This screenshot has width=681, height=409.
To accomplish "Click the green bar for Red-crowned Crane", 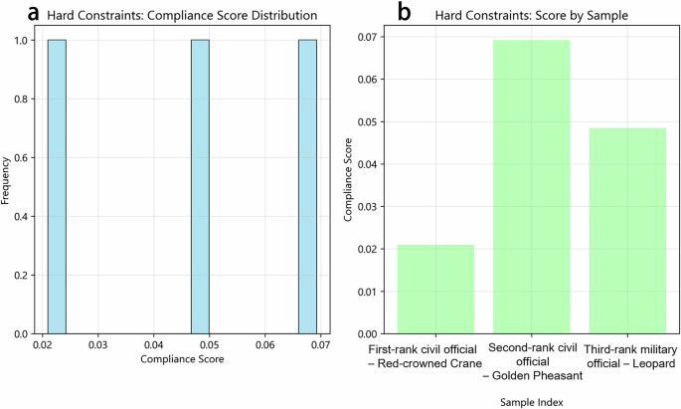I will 436,289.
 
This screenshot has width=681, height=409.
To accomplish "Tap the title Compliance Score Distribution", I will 185,16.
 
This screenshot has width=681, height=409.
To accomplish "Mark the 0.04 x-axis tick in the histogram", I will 152,344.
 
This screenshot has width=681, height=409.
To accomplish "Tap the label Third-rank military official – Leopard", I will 627,355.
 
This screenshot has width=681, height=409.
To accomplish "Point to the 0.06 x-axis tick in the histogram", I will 263,344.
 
